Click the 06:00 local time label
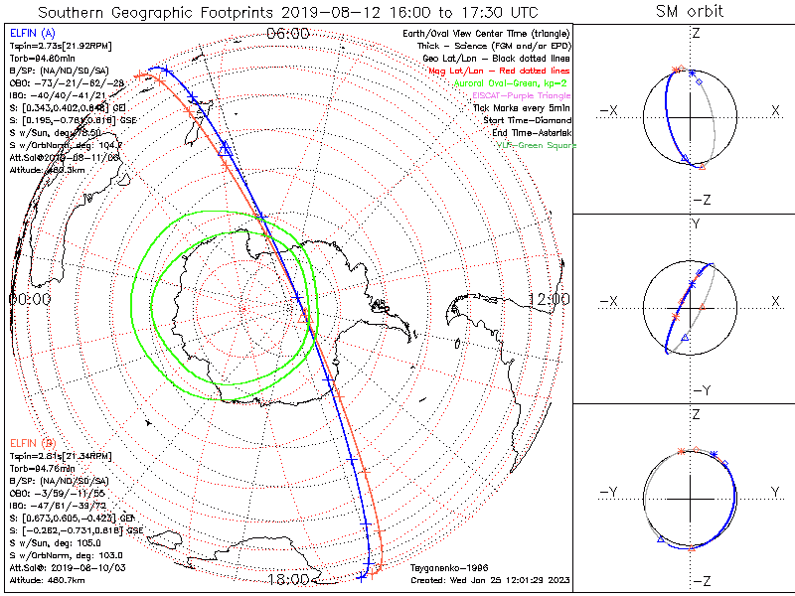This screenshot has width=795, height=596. [288, 33]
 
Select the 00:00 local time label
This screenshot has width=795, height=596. [30, 298]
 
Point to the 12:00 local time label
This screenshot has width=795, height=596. [549, 298]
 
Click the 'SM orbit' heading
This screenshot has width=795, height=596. [689, 12]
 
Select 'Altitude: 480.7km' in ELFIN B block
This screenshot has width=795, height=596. [47, 578]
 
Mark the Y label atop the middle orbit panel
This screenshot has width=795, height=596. [695, 224]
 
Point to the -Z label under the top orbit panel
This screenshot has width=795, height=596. [700, 200]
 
